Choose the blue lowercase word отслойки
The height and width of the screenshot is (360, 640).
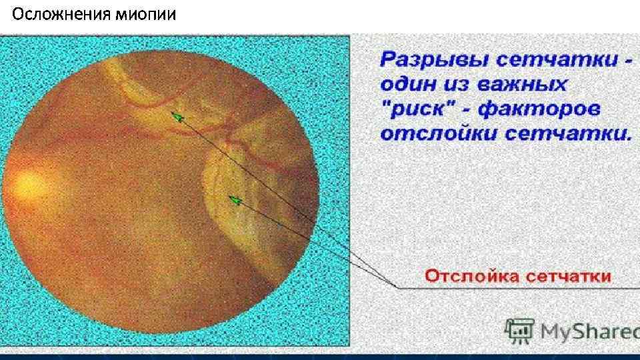(x=437, y=133)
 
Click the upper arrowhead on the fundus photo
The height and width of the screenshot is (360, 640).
(x=176, y=115)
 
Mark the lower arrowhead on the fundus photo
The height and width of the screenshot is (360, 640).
(x=233, y=198)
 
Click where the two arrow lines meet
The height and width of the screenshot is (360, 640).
(x=397, y=287)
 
